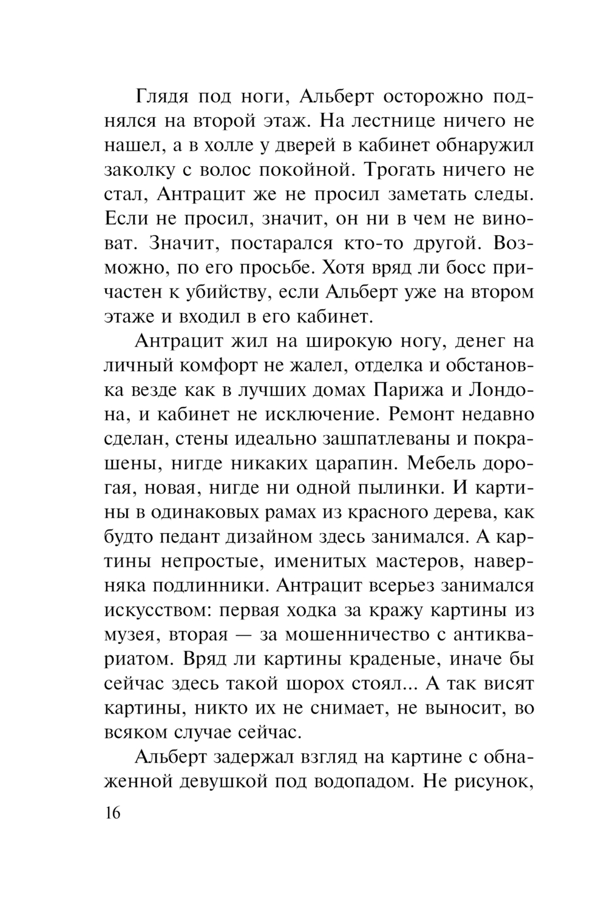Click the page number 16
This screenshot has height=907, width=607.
(113, 813)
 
